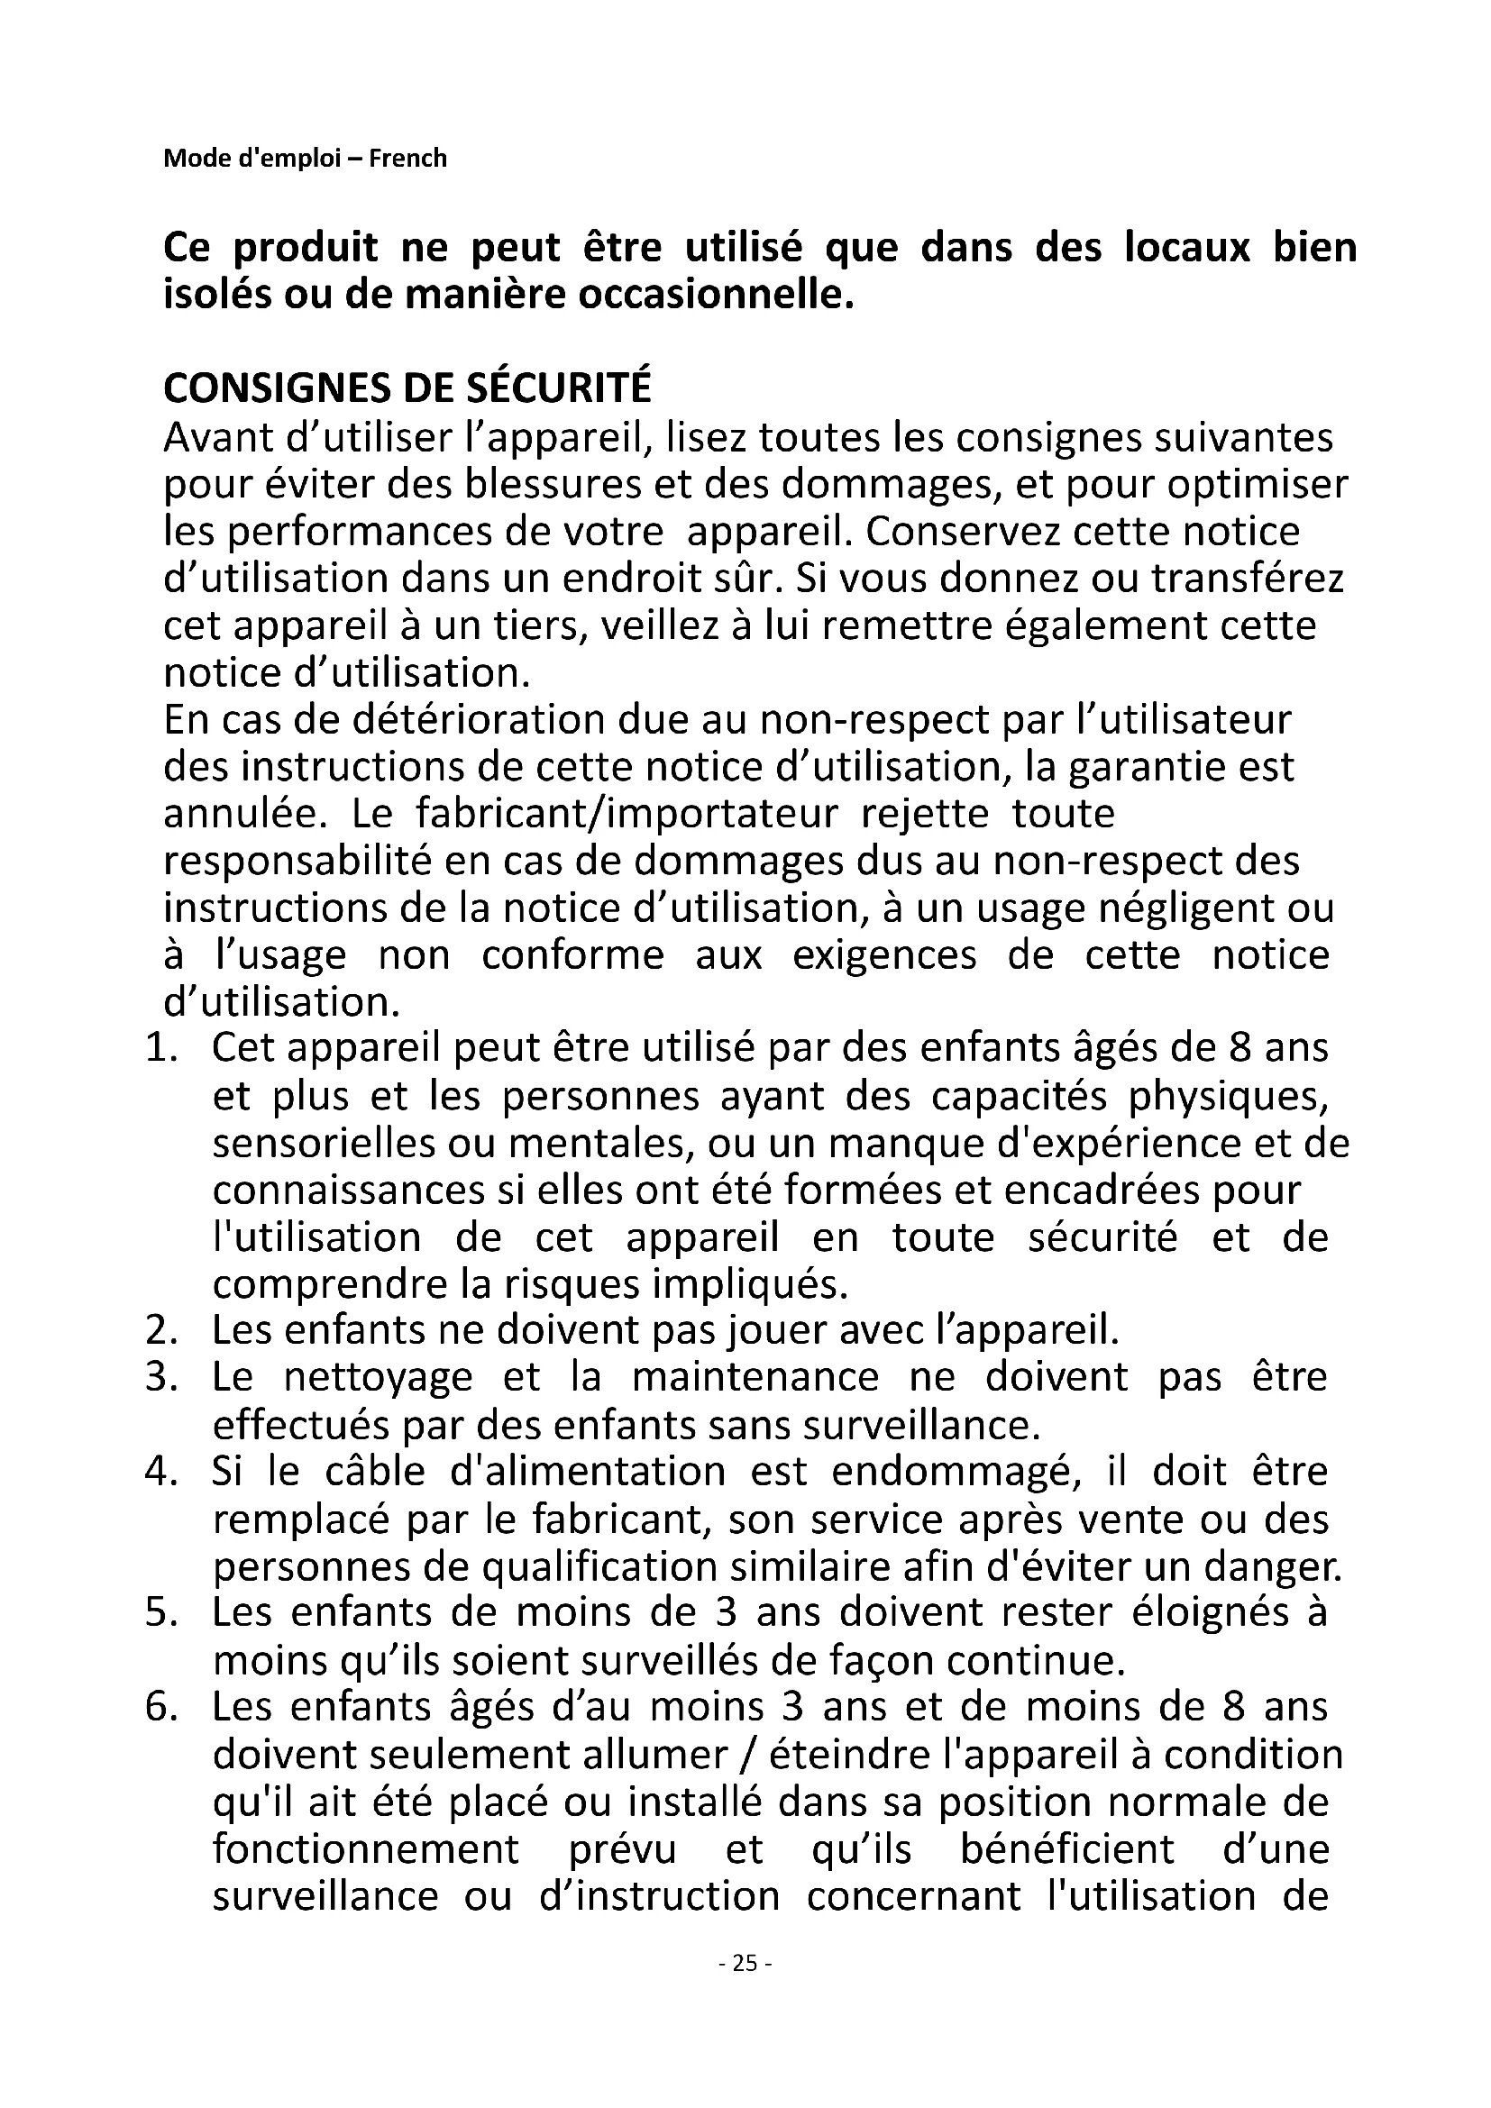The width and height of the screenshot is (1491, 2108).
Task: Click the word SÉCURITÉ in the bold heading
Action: (558, 388)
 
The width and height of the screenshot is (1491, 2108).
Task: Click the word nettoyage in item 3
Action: (379, 1378)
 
